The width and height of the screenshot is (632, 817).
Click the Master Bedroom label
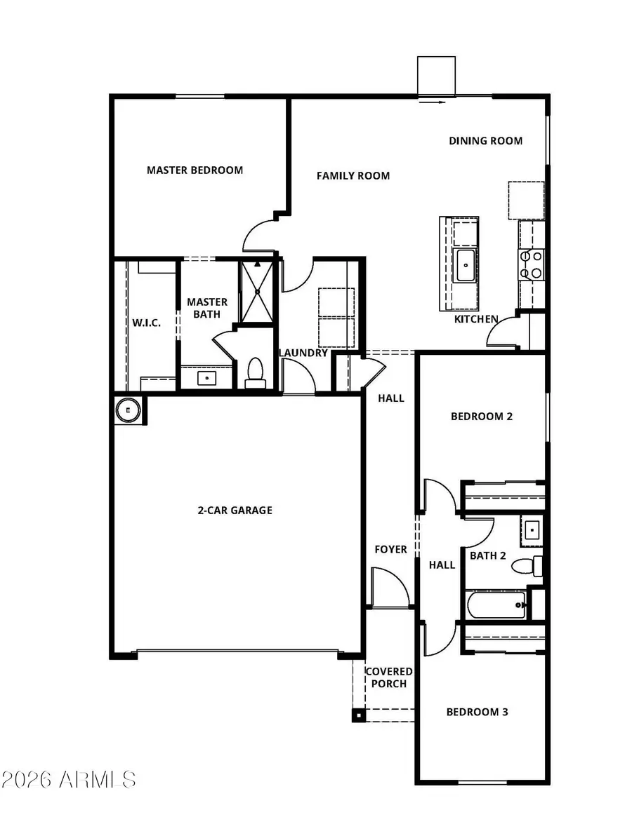[x=195, y=170]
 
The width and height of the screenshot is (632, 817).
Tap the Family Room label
[x=353, y=175]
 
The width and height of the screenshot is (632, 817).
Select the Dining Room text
[x=485, y=141]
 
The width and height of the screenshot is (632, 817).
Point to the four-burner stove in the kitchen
[x=531, y=264]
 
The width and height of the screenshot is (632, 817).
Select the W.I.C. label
[x=146, y=323]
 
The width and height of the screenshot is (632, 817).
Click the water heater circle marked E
[x=129, y=410]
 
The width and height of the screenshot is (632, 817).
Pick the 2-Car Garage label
[x=235, y=511]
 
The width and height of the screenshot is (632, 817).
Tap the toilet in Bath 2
[x=528, y=565]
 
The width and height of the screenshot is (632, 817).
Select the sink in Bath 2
[x=532, y=529]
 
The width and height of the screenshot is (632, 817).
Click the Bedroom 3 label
[x=477, y=712]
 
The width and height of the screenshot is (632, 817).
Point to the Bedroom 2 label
[x=481, y=416]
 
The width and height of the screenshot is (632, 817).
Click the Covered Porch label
[x=388, y=677]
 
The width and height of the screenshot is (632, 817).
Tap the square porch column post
[x=358, y=716]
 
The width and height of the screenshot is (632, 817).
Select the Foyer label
[x=390, y=549]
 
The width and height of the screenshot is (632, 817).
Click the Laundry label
[x=303, y=353]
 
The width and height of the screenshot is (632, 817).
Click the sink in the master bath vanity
[x=207, y=379]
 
